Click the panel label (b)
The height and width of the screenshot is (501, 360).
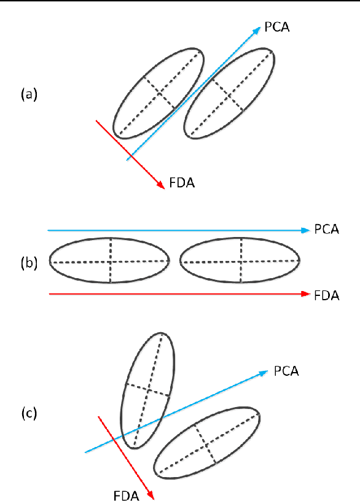tap(29, 263)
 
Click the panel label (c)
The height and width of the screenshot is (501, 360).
tap(29, 413)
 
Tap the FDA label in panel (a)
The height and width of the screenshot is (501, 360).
tap(182, 182)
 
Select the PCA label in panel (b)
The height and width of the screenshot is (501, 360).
tap(326, 230)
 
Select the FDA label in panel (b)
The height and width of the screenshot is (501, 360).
tap(326, 295)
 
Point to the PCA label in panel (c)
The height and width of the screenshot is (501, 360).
tap(286, 371)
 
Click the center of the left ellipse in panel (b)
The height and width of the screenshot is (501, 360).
tap(110, 261)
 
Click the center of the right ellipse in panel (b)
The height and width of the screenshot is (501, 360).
tap(241, 261)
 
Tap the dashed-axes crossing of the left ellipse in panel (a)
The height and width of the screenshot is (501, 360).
tap(160, 93)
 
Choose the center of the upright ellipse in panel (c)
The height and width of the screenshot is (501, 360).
tap(147, 390)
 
